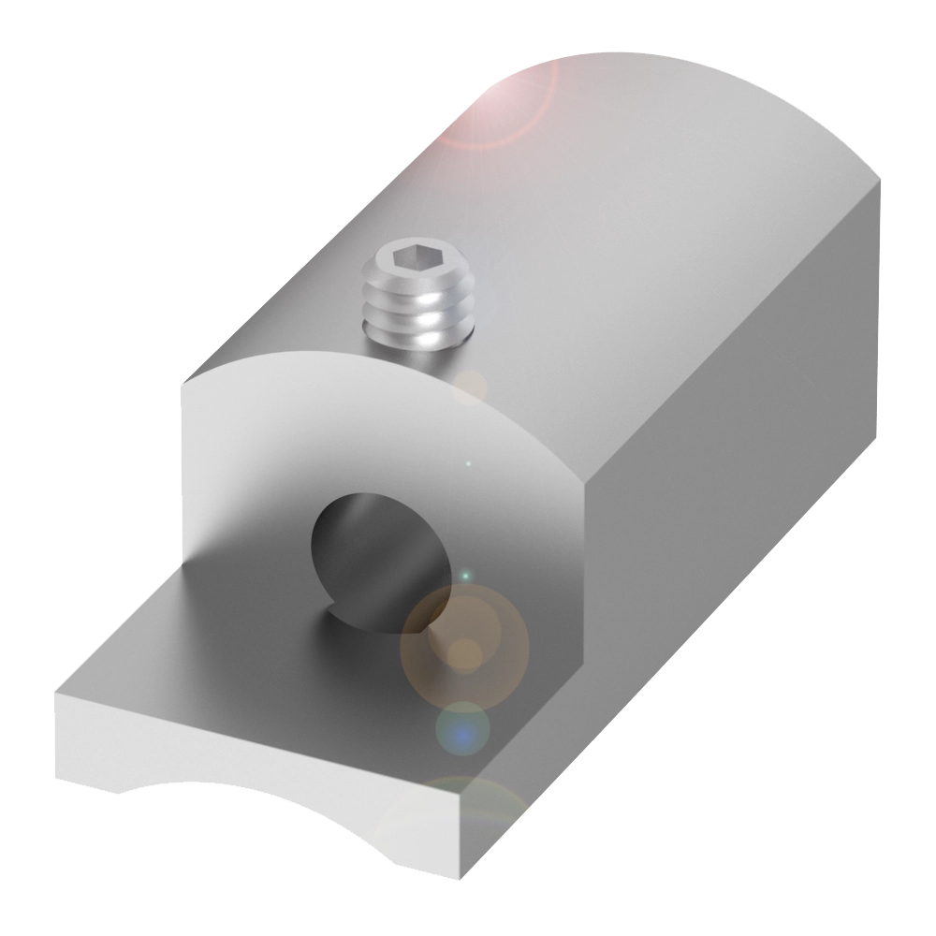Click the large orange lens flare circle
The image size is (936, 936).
(x=464, y=647)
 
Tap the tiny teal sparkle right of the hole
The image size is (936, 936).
(x=465, y=573)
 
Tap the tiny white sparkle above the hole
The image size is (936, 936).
(x=469, y=462)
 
